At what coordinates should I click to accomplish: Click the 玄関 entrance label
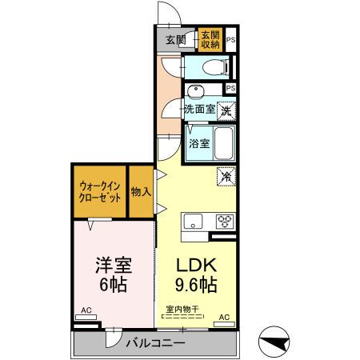pyautogui.click(x=175, y=39)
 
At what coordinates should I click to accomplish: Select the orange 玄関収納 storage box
pyautogui.click(x=210, y=39)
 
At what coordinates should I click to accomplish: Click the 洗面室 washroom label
pyautogui.click(x=198, y=109)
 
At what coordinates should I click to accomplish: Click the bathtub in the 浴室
pyautogui.click(x=225, y=143)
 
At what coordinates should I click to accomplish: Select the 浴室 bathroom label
pyautogui.click(x=199, y=144)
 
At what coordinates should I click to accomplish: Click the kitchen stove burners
pyautogui.click(x=224, y=222)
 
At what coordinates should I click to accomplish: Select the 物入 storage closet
pyautogui.click(x=141, y=191)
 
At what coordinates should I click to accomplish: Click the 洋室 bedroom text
pyautogui.click(x=111, y=265)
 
